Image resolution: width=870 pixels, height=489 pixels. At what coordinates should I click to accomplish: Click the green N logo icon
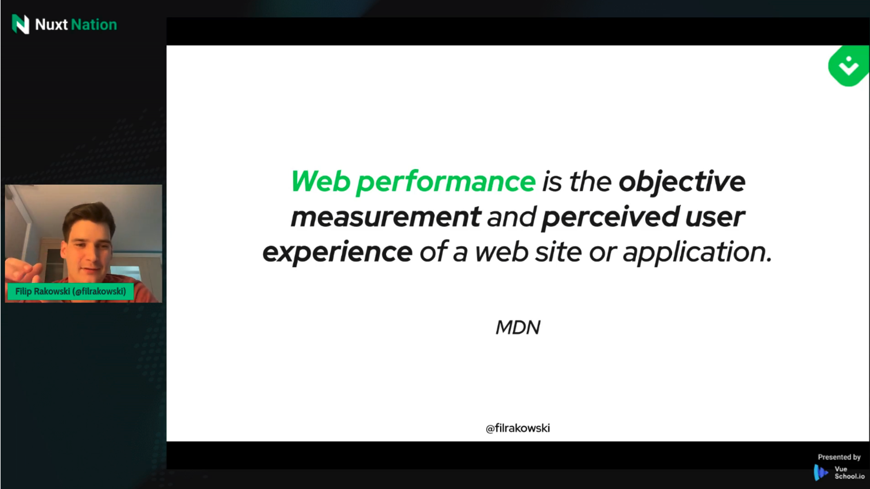pos(21,24)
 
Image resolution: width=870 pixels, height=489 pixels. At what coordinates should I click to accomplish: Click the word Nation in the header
pos(94,25)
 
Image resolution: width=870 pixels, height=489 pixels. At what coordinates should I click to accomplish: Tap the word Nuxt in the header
pos(51,25)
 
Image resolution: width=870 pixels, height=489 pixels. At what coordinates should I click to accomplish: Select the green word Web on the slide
pos(321,181)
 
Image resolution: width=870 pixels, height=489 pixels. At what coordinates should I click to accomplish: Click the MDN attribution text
pos(518,327)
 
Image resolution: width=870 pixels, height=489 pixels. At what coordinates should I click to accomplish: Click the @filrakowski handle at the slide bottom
pos(518,428)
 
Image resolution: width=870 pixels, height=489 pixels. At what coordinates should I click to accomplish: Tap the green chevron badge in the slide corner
pos(848,66)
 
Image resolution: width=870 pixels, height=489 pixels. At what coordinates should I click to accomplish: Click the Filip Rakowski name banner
pos(71,292)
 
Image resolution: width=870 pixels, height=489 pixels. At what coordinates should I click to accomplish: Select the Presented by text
pos(839,457)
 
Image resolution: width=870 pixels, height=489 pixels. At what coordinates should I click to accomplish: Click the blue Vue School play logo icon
pos(821,473)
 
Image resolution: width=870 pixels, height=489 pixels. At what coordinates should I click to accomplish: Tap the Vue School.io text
pos(849,473)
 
